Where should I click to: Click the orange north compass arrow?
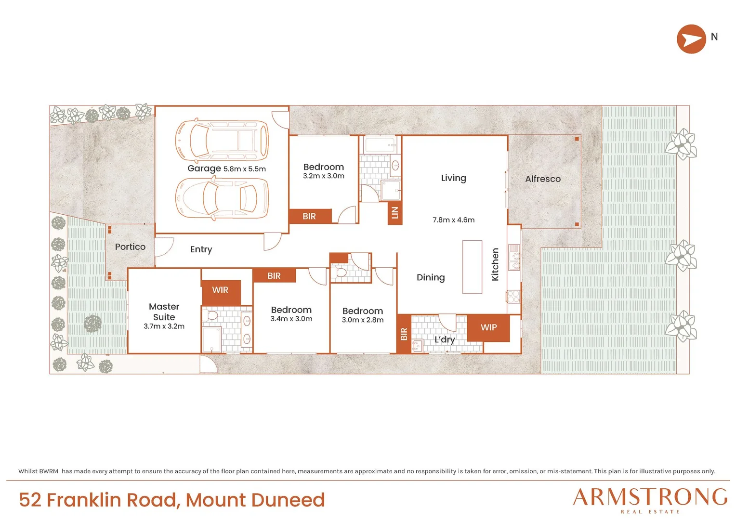(691, 39)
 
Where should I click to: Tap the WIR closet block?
(221, 292)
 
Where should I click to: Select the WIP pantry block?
(488, 328)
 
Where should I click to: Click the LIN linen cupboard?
(395, 213)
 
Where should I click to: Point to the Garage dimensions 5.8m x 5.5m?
(245, 169)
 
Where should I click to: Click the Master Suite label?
(164, 312)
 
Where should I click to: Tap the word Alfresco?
(543, 179)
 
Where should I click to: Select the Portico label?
(130, 247)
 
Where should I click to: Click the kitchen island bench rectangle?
(472, 267)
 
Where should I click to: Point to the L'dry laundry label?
(445, 339)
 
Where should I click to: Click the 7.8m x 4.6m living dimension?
(453, 220)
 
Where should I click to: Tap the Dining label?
(431, 278)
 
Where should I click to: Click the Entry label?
(201, 249)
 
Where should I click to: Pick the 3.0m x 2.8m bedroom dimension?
(362, 320)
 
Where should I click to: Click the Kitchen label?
(495, 264)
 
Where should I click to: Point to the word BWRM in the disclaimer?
(48, 471)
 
